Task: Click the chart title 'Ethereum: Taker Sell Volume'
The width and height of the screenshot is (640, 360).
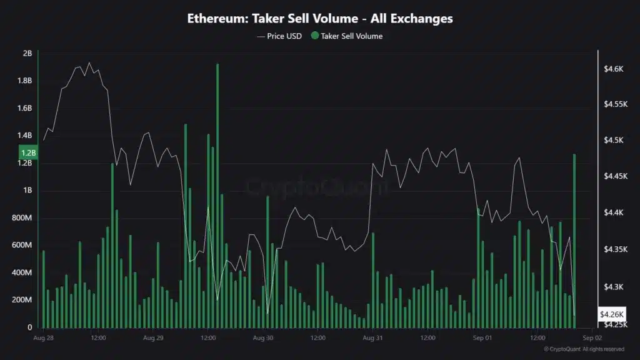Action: (x=320, y=19)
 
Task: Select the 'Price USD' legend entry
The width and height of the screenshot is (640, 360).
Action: (x=279, y=36)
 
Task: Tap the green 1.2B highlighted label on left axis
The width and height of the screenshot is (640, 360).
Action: (x=28, y=152)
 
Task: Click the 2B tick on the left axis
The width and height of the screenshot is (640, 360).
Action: (x=27, y=54)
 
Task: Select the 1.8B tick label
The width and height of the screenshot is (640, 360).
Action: (x=25, y=81)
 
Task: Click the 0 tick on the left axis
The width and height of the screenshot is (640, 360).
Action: (x=30, y=327)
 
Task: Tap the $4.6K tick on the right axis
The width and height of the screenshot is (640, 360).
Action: (x=614, y=68)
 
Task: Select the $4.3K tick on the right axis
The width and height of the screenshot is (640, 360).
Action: (x=614, y=287)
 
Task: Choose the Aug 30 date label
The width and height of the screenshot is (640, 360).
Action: (x=262, y=338)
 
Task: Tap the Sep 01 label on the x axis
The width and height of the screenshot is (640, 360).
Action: (x=482, y=338)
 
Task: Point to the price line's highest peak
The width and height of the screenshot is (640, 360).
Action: (x=89, y=63)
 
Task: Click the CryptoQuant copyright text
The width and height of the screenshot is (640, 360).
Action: (x=583, y=349)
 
